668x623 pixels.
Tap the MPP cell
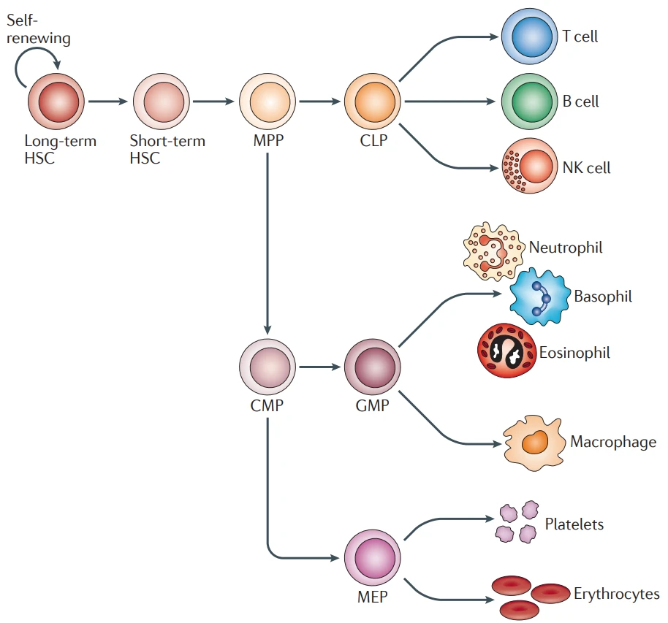(x=267, y=102)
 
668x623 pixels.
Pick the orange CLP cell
(x=373, y=102)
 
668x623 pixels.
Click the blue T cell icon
(x=530, y=37)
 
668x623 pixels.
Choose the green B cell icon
(x=530, y=102)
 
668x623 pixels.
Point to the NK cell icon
(x=530, y=167)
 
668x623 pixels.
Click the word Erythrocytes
(x=616, y=594)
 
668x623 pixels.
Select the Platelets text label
(x=574, y=524)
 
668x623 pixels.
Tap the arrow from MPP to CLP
(x=320, y=102)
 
